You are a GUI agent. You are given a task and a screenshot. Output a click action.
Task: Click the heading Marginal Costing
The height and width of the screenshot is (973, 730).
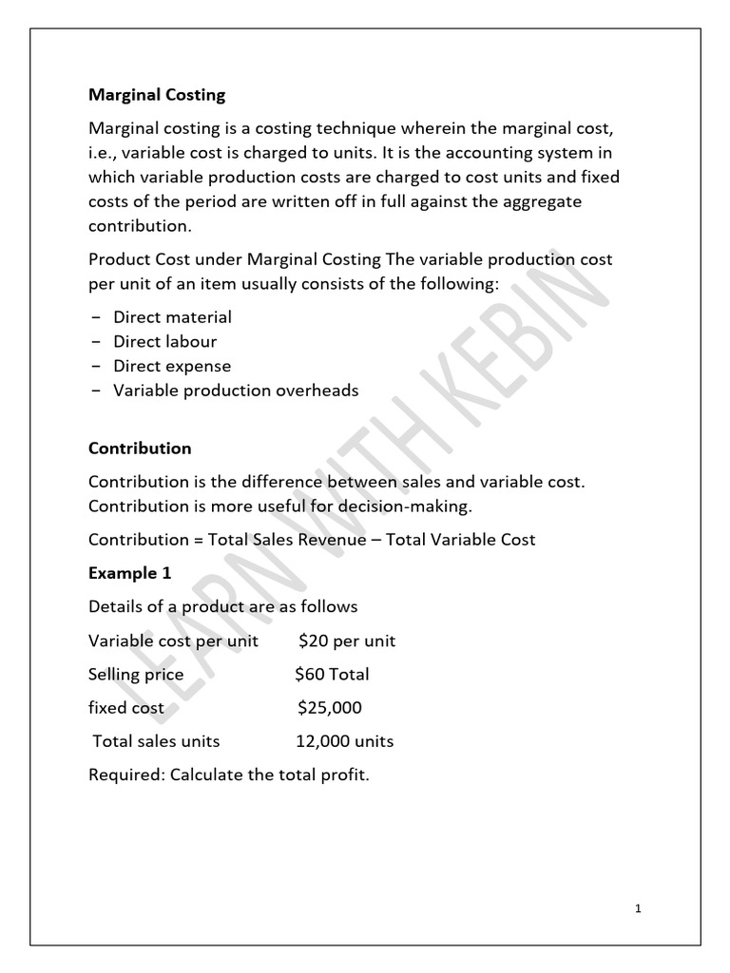click(157, 95)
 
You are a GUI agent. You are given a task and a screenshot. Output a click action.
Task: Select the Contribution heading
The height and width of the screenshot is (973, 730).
click(140, 448)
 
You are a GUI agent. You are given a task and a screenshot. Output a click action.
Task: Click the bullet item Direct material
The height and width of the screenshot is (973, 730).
click(172, 316)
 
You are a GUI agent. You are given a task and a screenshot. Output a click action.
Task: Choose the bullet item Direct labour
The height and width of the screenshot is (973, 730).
click(164, 341)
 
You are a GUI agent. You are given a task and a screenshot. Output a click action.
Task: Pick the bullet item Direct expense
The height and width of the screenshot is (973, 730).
click(172, 366)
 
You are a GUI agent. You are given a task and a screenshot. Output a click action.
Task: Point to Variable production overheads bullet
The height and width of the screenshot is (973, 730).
click(236, 391)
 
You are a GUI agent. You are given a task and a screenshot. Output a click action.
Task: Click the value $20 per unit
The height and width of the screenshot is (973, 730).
click(347, 640)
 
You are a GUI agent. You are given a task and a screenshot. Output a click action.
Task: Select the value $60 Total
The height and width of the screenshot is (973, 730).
click(332, 675)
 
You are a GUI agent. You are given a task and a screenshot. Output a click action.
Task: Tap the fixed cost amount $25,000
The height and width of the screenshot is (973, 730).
click(329, 708)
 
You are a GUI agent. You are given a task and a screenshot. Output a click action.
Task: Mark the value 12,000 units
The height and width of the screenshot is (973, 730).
click(344, 741)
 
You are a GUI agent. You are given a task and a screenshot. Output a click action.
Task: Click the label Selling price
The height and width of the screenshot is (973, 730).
click(136, 675)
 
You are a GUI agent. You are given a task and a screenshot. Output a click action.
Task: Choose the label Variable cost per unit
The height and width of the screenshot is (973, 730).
click(173, 640)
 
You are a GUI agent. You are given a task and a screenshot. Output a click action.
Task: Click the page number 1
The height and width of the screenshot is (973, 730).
click(639, 909)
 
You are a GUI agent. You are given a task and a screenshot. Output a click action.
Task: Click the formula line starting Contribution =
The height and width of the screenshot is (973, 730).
click(312, 540)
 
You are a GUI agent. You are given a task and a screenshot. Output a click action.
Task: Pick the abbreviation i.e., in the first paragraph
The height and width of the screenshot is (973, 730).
click(105, 152)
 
